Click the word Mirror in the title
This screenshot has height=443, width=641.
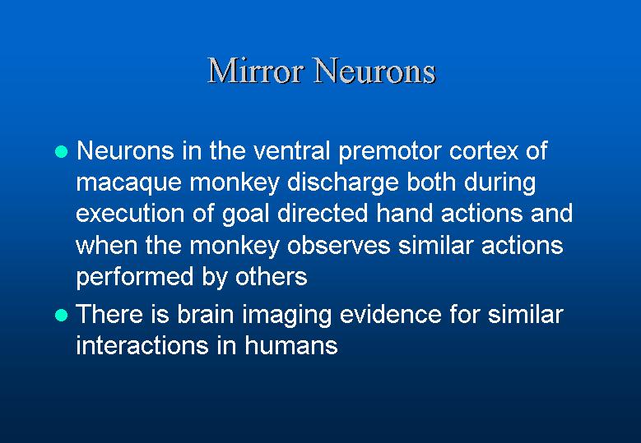click(257, 70)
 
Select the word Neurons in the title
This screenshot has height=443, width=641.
click(375, 70)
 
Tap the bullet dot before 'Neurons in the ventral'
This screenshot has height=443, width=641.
click(62, 152)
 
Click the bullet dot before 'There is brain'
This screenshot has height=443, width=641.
click(62, 316)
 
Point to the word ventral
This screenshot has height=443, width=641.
click(291, 150)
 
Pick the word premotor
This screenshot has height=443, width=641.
click(389, 152)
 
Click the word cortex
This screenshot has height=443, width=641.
click(484, 151)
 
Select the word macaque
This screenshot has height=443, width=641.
click(128, 184)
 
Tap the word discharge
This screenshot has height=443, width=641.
click(343, 183)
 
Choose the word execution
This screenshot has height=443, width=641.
click(130, 214)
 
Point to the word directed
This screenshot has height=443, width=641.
click(323, 213)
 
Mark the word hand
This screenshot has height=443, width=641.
click(404, 213)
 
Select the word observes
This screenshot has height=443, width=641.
click(338, 246)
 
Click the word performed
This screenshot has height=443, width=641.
click(134, 278)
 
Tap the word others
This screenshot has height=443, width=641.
click(271, 277)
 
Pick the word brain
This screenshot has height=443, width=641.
click(205, 315)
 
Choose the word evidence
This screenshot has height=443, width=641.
click(390, 315)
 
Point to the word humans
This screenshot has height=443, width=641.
click(291, 346)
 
